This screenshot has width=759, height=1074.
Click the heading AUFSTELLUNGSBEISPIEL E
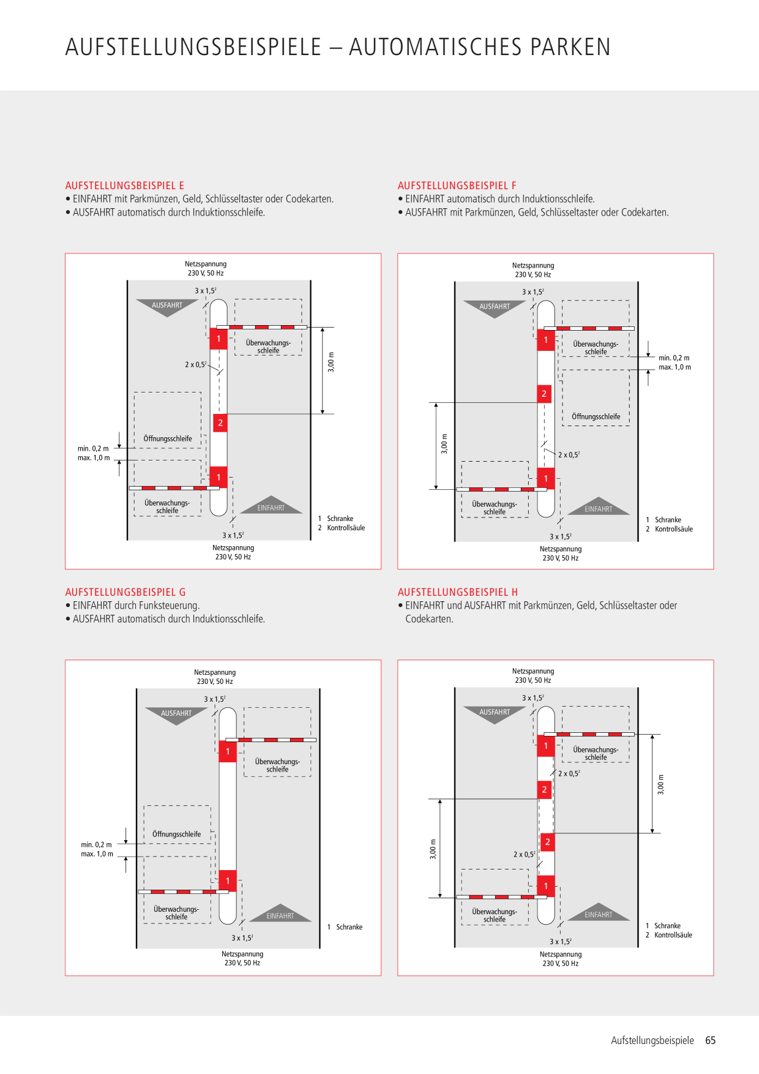pos(125,186)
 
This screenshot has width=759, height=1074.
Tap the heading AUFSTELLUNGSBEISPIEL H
pos(458,592)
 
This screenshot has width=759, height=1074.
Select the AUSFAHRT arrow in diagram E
pos(167,307)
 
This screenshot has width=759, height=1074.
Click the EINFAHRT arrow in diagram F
pos(599,506)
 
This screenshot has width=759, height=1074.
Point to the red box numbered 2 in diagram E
pos(220,423)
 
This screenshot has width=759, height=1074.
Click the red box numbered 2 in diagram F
pos(544,394)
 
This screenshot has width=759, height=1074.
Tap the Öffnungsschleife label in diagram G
pos(176,834)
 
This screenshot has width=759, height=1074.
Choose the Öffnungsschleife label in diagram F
pos(596,417)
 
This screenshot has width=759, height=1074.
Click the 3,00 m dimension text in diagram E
pos(331,362)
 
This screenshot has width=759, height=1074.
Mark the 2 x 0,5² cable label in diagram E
pos(196,364)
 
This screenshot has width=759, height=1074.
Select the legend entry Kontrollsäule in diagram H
pos(673,935)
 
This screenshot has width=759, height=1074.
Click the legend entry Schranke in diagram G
pos(349,927)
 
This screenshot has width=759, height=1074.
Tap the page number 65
pos(711,1040)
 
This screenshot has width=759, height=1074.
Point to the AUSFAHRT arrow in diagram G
pos(176,716)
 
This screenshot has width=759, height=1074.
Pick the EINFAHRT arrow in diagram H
pos(599,912)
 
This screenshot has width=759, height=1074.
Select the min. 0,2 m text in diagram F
pos(674,358)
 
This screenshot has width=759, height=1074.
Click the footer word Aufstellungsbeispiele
pos(652,1040)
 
